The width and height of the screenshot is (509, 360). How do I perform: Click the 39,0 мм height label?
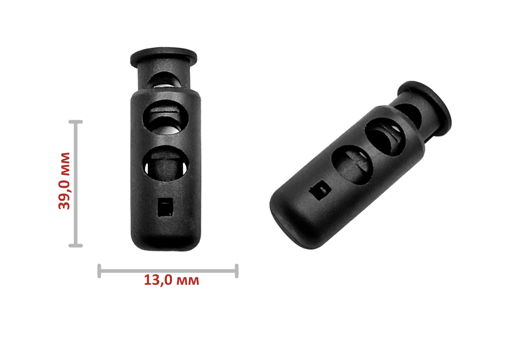[64, 181]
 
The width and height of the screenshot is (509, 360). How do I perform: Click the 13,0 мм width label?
[171, 280]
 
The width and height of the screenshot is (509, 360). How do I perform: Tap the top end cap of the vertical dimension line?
[76, 122]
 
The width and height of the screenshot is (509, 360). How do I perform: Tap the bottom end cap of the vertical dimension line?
[76, 246]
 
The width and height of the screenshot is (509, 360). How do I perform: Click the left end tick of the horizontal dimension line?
[99, 271]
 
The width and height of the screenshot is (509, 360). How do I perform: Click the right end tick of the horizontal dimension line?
[237, 271]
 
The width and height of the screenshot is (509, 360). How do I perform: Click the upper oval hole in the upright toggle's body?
[166, 117]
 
